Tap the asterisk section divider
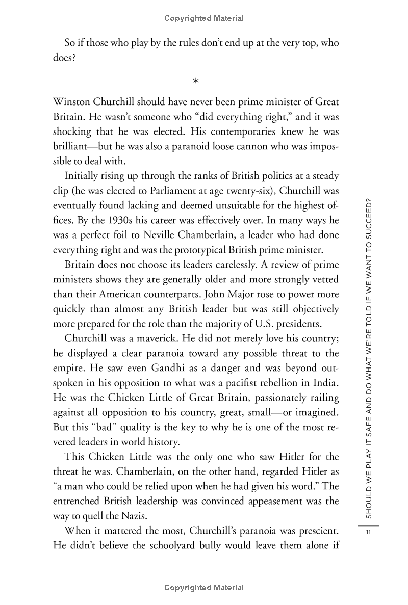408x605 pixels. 196,81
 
